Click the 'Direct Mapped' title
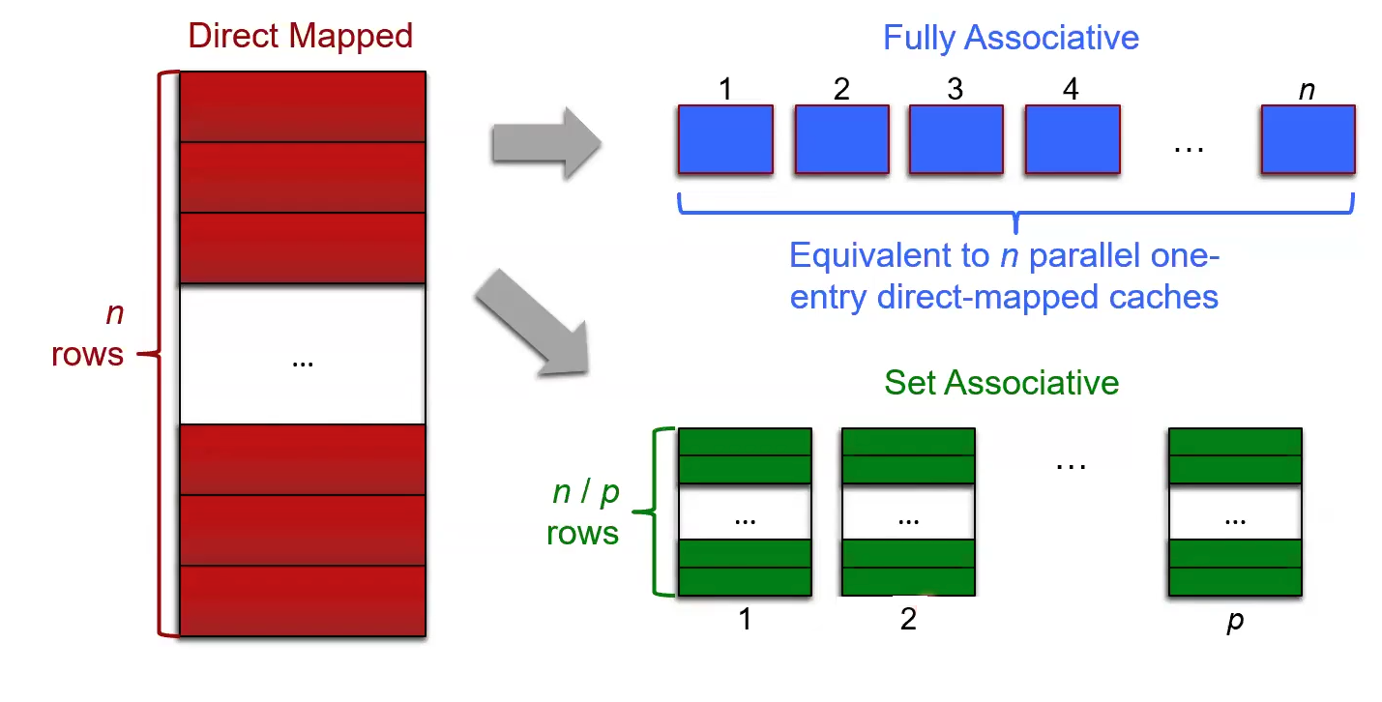301,36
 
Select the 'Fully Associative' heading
1011,39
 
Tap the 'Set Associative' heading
1001,382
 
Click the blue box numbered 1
725,139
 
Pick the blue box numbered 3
956,139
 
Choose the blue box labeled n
1308,139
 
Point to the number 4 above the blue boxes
1071,89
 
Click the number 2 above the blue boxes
841,89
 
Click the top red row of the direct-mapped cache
303,106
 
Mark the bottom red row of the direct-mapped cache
303,600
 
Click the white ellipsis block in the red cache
303,354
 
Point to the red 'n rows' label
89,336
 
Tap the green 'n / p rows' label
584,512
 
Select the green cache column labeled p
1235,512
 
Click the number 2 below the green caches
908,619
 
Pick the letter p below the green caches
1235,621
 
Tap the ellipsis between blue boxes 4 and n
1188,148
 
